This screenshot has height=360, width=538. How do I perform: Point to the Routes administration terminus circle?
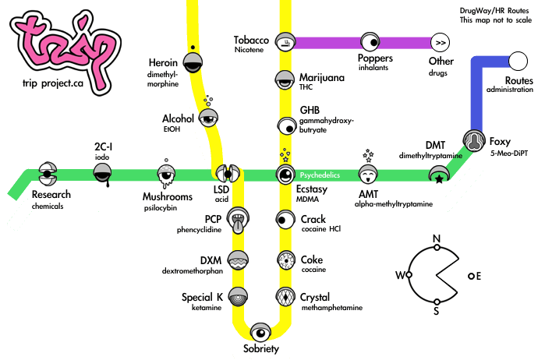[516, 60]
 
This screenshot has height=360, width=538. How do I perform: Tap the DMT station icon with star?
[438, 177]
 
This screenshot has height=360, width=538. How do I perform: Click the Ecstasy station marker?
[285, 174]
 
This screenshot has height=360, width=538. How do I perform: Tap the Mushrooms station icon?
[165, 174]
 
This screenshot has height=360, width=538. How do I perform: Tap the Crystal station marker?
[285, 297]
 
